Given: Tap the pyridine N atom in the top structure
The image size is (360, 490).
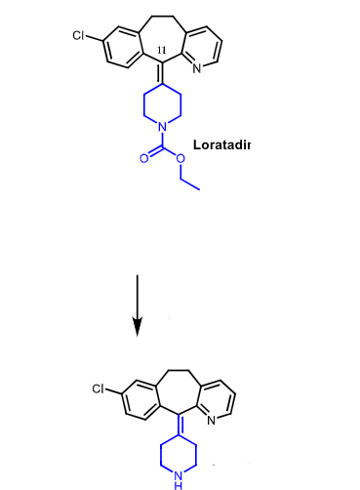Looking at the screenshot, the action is point(199,68).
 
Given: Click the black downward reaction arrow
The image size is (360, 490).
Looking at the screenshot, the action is point(138,304).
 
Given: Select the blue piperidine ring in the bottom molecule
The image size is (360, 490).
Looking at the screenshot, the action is point(173,457).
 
